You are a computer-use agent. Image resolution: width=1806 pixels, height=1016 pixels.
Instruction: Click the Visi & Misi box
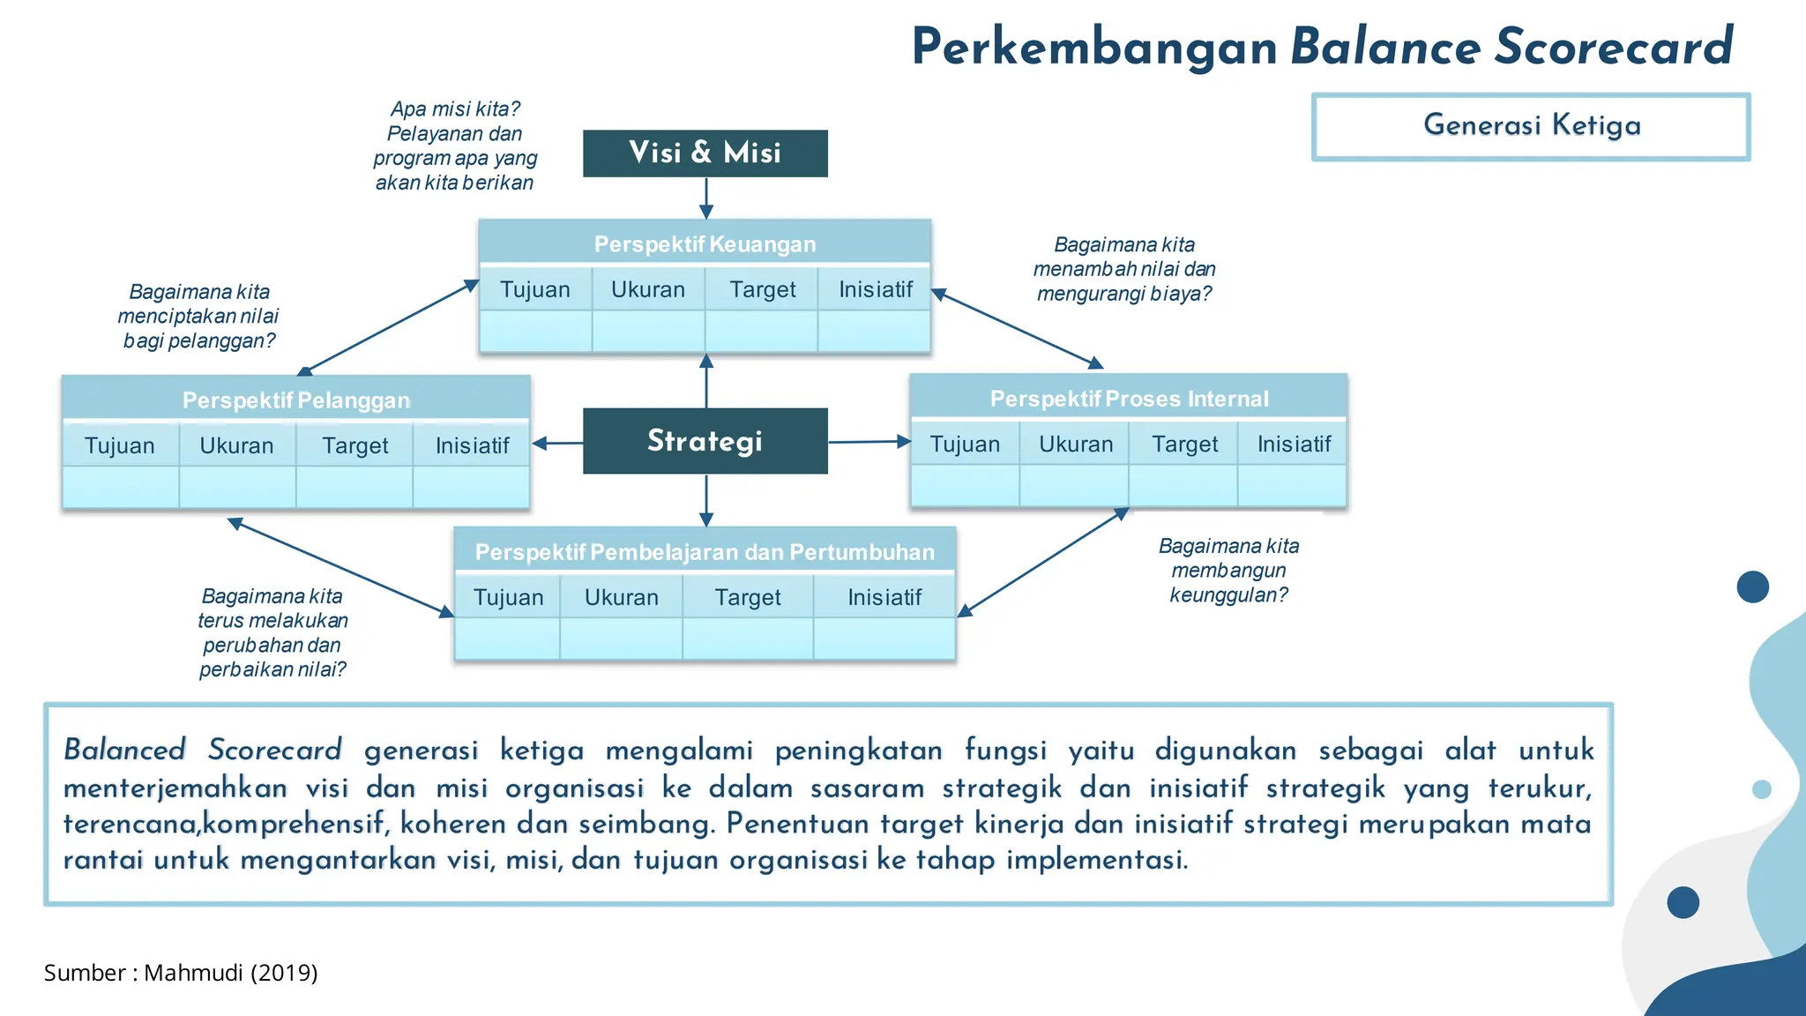coord(705,153)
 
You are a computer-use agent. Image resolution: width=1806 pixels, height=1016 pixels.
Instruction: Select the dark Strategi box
coord(705,441)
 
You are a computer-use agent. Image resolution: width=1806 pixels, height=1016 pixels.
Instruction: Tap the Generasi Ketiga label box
coord(1531,126)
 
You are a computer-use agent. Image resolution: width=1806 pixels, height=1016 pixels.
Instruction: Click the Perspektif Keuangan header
coord(705,243)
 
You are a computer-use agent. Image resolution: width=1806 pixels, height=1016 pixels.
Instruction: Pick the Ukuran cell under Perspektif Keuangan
coord(648,289)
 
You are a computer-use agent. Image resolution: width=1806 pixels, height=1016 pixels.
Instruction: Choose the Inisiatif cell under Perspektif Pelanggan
coord(472,445)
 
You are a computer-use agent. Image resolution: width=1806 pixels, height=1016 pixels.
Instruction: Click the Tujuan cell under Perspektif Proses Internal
coord(965,444)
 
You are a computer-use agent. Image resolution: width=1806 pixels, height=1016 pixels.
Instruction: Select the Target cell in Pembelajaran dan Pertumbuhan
coord(748,597)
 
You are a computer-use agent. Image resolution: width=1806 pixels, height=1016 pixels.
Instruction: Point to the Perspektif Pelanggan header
coord(296,400)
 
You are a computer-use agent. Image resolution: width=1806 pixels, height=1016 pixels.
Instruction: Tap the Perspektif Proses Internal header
coord(1129,399)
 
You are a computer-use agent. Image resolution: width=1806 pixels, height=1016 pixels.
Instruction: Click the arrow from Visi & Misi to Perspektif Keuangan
coord(706,198)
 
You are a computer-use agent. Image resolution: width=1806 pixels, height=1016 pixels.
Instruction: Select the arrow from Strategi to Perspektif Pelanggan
coord(557,443)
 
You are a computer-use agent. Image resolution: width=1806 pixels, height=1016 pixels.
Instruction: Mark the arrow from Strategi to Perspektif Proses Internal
coord(869,441)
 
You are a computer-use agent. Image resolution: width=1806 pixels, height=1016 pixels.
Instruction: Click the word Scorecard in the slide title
coord(1614,47)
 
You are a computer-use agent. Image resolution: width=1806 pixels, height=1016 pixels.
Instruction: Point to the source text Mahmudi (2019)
coord(230,973)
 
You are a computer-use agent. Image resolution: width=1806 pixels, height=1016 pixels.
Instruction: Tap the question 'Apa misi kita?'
coord(455,108)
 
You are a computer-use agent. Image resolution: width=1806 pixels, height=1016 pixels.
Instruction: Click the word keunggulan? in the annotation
coord(1228,595)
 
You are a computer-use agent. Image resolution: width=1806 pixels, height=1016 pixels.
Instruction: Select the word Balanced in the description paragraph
coord(124,750)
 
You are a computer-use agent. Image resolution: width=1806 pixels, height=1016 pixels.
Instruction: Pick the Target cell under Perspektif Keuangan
coord(762,289)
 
